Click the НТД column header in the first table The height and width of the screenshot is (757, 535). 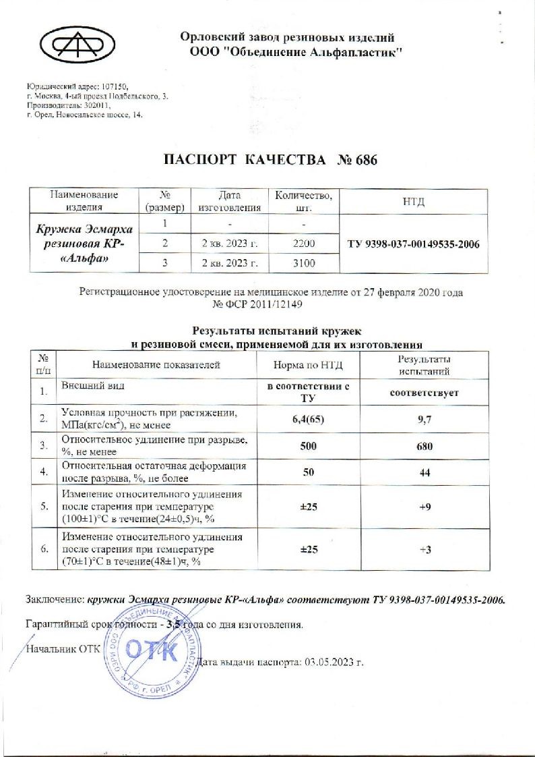(x=414, y=201)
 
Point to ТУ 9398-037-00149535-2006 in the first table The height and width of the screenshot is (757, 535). (x=414, y=244)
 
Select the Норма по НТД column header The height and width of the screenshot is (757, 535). (x=309, y=366)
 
